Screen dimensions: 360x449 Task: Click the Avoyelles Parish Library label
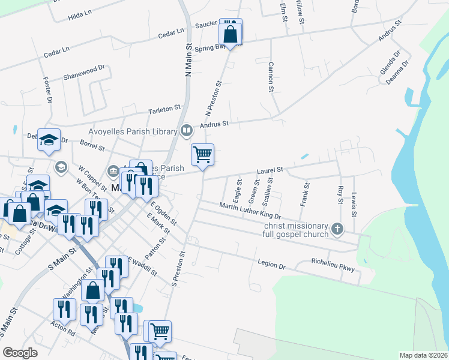(x=134, y=131)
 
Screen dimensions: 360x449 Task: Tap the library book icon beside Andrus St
(x=187, y=131)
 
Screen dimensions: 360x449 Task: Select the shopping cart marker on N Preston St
(x=203, y=154)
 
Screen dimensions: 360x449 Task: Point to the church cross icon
(x=337, y=228)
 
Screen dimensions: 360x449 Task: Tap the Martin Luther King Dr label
(x=250, y=211)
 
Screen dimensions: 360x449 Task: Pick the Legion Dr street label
(x=271, y=262)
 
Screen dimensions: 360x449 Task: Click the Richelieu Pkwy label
(x=333, y=265)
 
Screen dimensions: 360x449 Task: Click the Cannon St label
(x=271, y=77)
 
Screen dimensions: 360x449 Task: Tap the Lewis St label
(x=354, y=204)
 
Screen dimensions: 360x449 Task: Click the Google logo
(x=20, y=353)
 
